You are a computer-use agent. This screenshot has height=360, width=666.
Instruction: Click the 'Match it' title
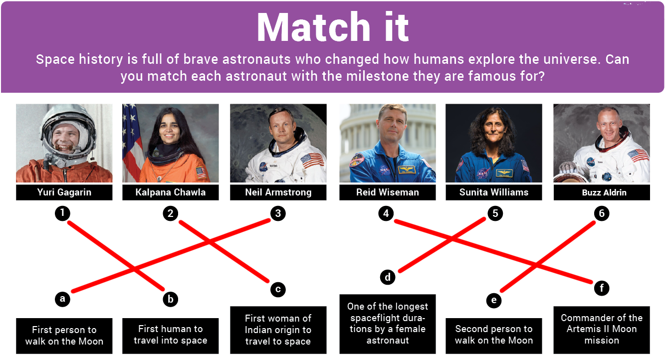point(333,27)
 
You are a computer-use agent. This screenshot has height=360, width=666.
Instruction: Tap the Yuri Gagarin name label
point(64,192)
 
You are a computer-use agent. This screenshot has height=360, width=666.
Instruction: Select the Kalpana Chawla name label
point(171,192)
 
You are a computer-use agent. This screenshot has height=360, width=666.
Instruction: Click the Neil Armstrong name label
point(278,192)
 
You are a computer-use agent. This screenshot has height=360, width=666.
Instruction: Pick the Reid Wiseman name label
point(388,192)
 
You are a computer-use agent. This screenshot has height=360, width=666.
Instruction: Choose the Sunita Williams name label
point(494,192)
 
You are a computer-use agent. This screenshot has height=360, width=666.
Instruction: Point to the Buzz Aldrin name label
point(602,192)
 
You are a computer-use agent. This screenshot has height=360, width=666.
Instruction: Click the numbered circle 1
point(62,213)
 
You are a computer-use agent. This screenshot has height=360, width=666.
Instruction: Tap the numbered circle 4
point(386,214)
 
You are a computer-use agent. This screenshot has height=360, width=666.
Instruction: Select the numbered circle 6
point(602,214)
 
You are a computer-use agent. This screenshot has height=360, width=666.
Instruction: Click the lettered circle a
point(62,299)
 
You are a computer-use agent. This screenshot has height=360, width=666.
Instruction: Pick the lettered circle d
point(388,277)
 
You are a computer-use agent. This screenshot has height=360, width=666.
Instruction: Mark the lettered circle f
point(602,288)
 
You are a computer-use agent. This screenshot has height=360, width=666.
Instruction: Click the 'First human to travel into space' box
point(171,335)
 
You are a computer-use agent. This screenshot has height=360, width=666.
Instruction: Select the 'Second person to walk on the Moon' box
point(494,335)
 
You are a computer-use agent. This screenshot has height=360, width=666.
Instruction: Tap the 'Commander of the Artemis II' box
point(602,329)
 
